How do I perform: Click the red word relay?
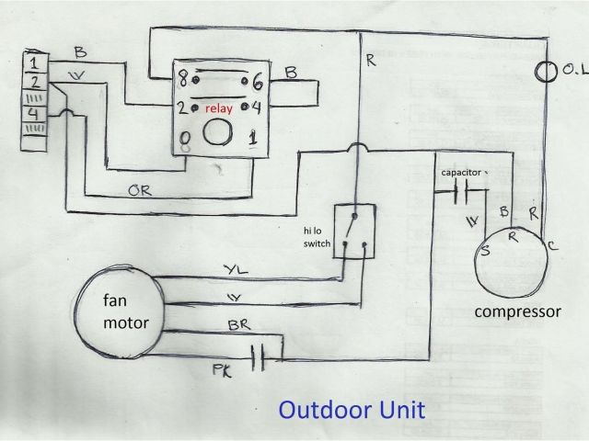(x=218, y=107)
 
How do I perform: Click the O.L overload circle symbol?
(x=545, y=70)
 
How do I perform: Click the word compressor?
(x=517, y=311)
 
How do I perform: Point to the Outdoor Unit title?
(x=352, y=408)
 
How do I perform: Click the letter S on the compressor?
(x=484, y=251)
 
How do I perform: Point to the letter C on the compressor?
(x=552, y=246)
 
